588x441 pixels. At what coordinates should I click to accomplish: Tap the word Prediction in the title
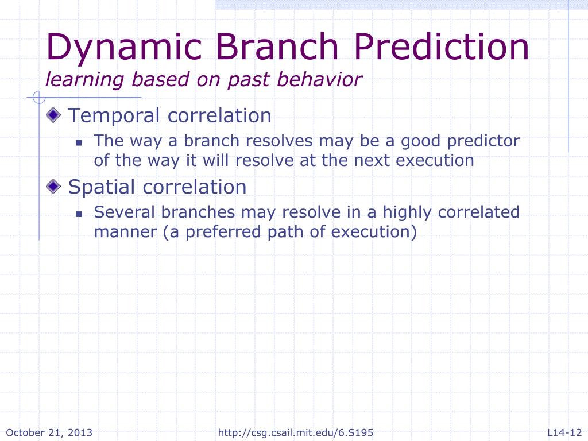click(442, 46)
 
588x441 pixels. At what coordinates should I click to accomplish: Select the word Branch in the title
click(277, 46)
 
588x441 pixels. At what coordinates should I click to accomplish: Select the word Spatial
click(102, 187)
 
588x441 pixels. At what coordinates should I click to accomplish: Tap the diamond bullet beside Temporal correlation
click(53, 115)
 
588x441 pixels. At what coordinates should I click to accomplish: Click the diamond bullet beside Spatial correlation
click(53, 186)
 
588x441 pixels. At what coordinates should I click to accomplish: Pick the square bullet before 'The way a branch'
click(79, 142)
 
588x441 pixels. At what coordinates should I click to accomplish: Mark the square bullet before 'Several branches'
click(79, 214)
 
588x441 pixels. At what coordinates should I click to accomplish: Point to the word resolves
click(279, 141)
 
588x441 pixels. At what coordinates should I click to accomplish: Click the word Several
click(124, 212)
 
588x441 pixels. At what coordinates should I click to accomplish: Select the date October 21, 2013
click(49, 432)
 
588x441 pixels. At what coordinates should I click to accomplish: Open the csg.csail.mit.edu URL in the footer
click(296, 432)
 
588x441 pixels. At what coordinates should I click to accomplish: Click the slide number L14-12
click(564, 432)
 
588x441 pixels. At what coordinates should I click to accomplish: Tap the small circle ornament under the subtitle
click(39, 97)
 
